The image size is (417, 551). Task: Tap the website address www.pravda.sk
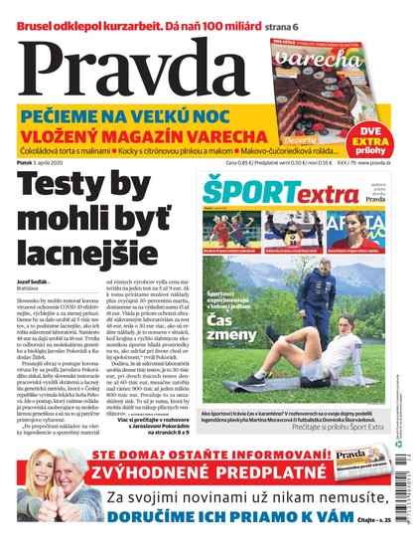coord(376,162)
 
